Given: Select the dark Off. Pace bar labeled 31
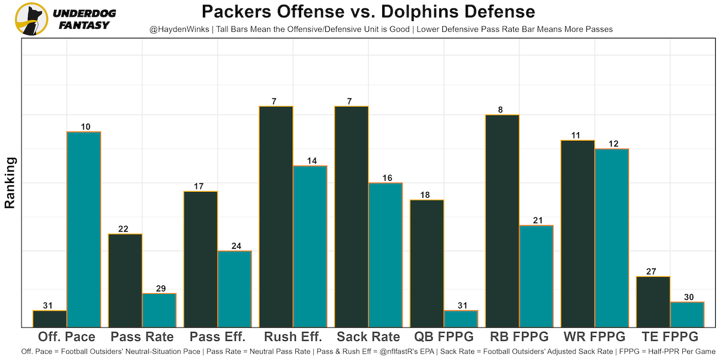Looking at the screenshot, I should click(50, 319).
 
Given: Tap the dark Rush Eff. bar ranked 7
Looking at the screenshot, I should click(276, 217).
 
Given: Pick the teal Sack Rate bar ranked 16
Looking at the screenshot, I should click(385, 255).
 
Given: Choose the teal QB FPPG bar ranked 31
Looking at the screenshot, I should click(461, 319).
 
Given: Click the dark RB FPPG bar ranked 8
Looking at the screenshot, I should click(502, 221).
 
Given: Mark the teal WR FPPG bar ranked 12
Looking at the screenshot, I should click(611, 238).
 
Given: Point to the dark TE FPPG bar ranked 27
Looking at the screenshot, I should click(653, 302).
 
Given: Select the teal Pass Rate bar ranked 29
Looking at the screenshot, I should click(159, 310).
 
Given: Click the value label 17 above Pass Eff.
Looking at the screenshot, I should click(200, 187).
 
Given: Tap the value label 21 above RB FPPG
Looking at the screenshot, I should click(536, 220).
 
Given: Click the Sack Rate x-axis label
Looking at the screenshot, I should click(368, 337).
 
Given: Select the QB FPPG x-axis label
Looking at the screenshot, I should click(444, 337).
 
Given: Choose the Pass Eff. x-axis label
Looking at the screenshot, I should click(217, 337).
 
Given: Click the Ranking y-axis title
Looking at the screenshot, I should click(10, 182).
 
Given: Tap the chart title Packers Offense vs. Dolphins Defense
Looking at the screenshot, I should click(368, 12).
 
